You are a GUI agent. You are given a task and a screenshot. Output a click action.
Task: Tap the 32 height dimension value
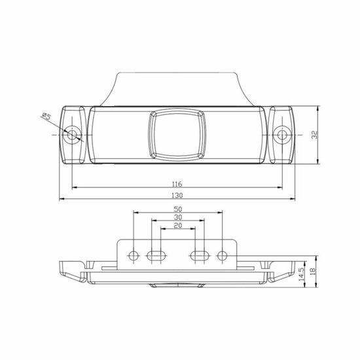(316, 135)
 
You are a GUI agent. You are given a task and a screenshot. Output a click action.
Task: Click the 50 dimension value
(178, 208)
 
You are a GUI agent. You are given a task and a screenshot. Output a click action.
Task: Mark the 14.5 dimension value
(300, 272)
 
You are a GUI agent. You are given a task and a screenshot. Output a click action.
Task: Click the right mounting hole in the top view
(282, 135)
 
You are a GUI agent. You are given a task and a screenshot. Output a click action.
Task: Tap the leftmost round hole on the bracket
(134, 254)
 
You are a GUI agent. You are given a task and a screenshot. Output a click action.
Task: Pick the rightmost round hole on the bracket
(223, 254)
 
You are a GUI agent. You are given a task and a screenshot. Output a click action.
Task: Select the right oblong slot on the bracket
(200, 254)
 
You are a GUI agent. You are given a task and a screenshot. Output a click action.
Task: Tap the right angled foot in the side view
(279, 272)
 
